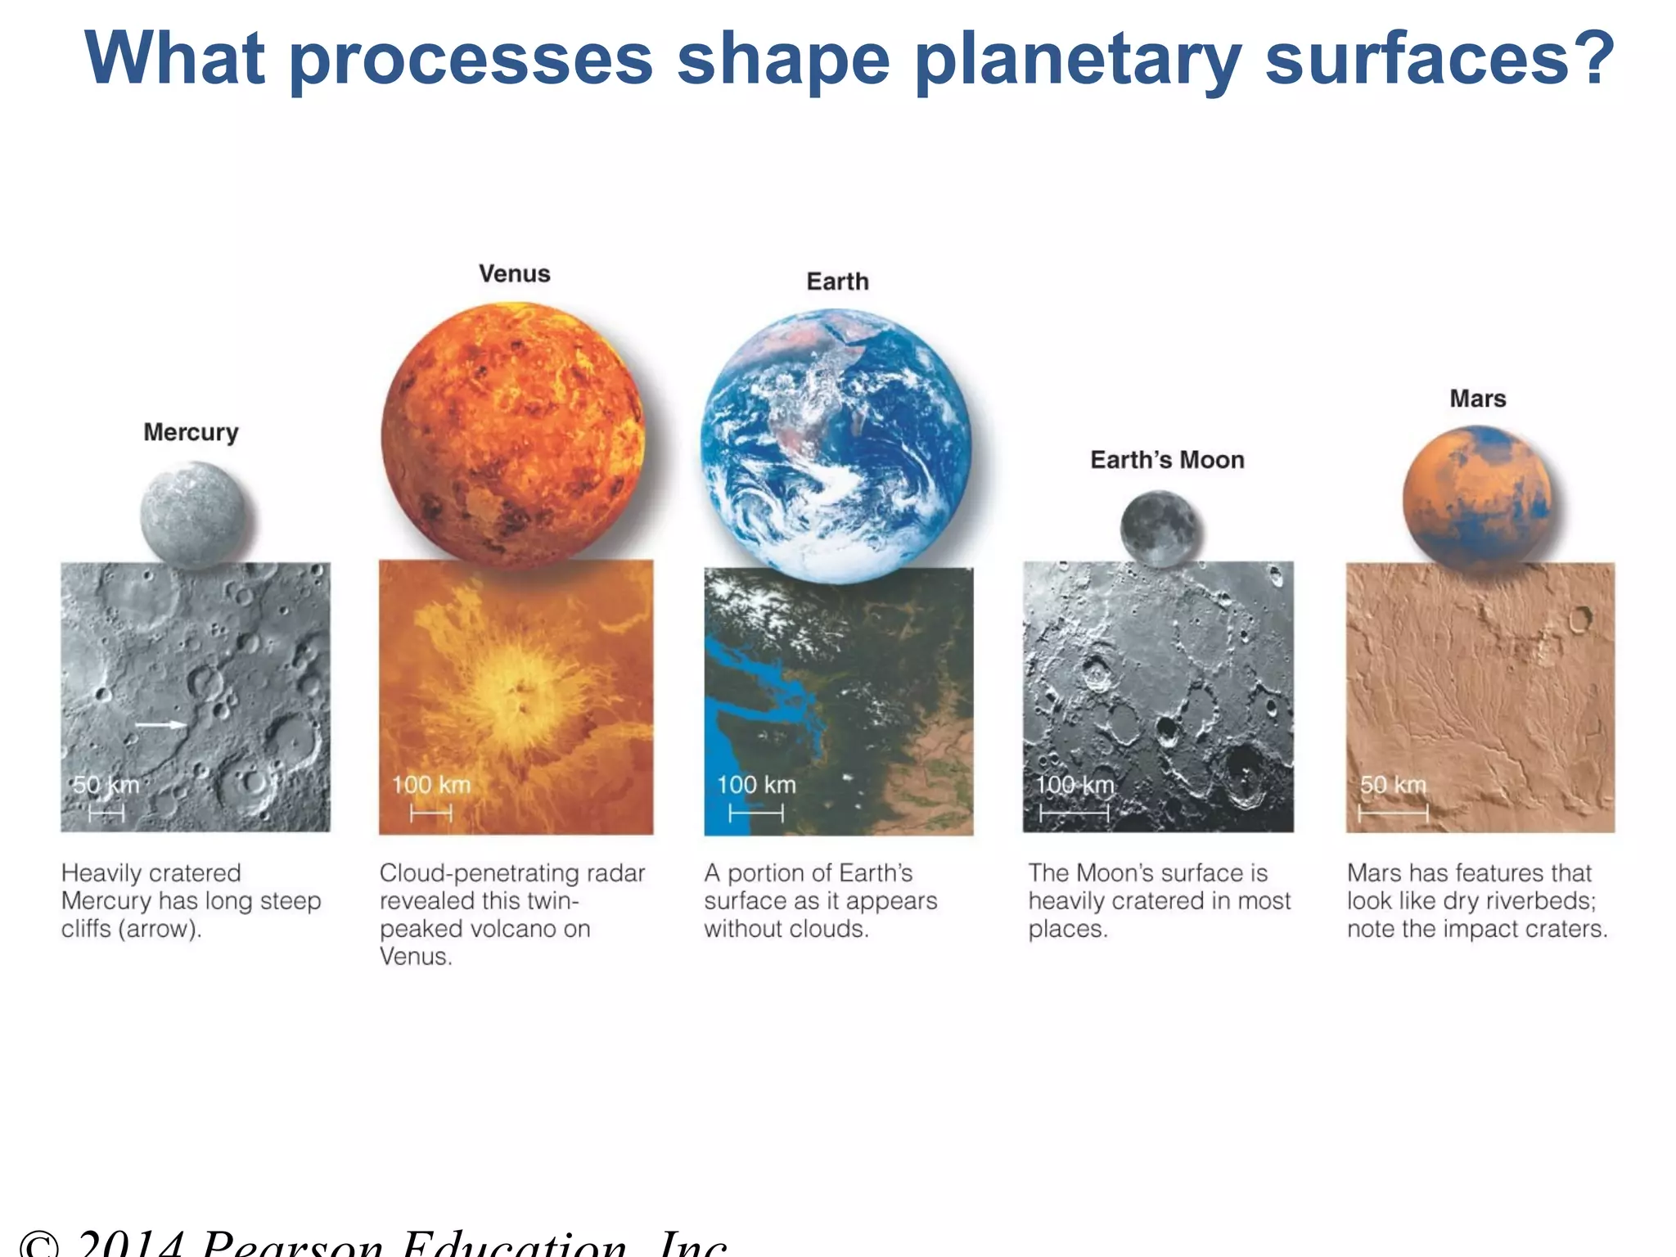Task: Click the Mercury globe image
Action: tap(192, 514)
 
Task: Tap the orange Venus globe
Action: tap(513, 435)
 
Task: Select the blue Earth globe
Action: tap(836, 444)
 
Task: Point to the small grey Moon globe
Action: tap(1160, 529)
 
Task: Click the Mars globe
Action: tap(1476, 498)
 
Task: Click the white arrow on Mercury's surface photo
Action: tap(161, 724)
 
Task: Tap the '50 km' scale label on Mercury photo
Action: tap(106, 785)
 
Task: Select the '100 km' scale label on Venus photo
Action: tap(431, 785)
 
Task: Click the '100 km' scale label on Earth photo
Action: tap(756, 785)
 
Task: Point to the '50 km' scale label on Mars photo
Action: tap(1393, 785)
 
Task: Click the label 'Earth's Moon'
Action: tap(1167, 460)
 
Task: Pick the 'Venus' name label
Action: tap(514, 274)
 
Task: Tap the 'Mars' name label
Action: tap(1477, 399)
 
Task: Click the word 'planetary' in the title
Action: tap(1077, 59)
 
